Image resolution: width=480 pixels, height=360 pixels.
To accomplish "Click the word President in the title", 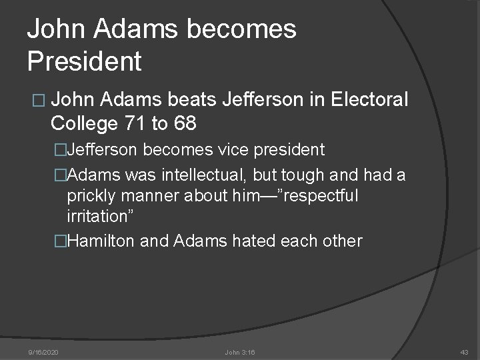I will click(x=85, y=61).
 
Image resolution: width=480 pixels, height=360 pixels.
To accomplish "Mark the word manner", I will click(x=147, y=197).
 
